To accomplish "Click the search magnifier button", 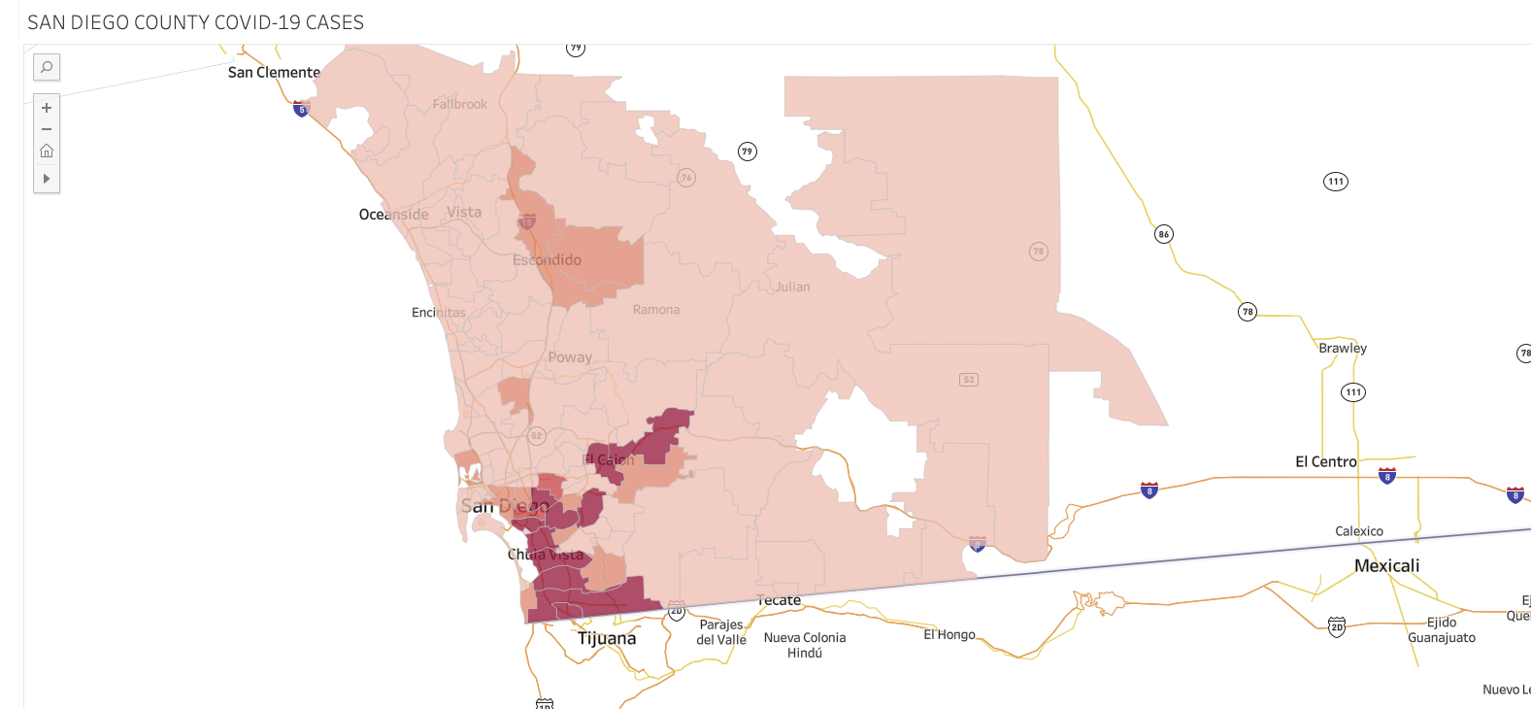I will click(47, 67).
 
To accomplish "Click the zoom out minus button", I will click(47, 129).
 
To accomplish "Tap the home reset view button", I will click(47, 152).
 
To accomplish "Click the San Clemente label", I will click(274, 73).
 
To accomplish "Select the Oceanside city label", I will click(393, 215).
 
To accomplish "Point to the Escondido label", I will click(547, 260).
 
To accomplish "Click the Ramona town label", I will click(656, 310).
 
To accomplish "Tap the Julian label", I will click(792, 287).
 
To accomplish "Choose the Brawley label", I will click(1342, 348).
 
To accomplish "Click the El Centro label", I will click(1325, 462).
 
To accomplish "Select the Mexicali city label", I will click(1386, 566).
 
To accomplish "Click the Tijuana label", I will click(607, 638).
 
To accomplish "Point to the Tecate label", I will click(780, 601).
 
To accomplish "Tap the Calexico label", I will click(1358, 531).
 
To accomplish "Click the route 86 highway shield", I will click(1163, 234).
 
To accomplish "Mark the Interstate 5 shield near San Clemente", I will click(301, 109).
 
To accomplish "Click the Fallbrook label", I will click(460, 104).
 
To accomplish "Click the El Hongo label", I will click(949, 635).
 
